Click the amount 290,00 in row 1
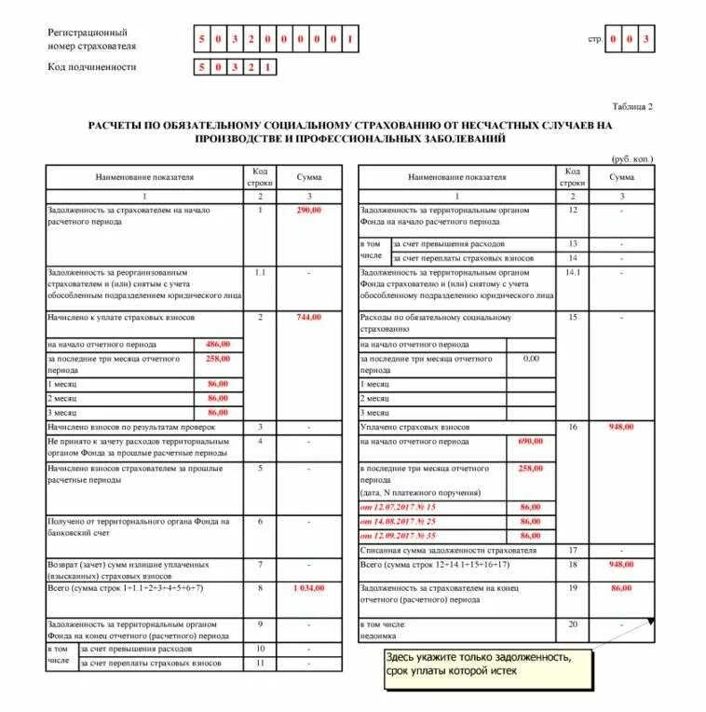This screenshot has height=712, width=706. pyautogui.click(x=308, y=211)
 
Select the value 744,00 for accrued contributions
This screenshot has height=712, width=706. pyautogui.click(x=308, y=317)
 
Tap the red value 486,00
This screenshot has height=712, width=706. pyautogui.click(x=217, y=344)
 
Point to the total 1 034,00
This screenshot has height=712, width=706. pyautogui.click(x=308, y=589)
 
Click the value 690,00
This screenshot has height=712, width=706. pyautogui.click(x=530, y=441)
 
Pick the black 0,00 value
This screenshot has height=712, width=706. pyautogui.click(x=531, y=358)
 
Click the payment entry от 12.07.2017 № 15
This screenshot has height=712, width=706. pyautogui.click(x=398, y=507)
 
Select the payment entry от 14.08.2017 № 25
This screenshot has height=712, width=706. pyautogui.click(x=398, y=521)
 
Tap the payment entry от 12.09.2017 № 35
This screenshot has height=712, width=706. pyautogui.click(x=398, y=536)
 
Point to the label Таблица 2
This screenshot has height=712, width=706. pyautogui.click(x=633, y=106)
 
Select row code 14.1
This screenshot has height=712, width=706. pyautogui.click(x=573, y=272)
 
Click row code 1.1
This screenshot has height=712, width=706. pyautogui.click(x=260, y=272)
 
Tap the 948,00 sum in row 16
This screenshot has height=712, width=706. pyautogui.click(x=621, y=427)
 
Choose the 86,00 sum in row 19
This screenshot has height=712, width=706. pyautogui.click(x=621, y=589)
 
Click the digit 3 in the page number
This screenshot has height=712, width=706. pyautogui.click(x=645, y=39)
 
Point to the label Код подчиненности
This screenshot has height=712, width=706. pyautogui.click(x=92, y=67)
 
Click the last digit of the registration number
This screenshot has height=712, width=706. pyautogui.click(x=349, y=39)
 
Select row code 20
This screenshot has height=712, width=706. pyautogui.click(x=573, y=623)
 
